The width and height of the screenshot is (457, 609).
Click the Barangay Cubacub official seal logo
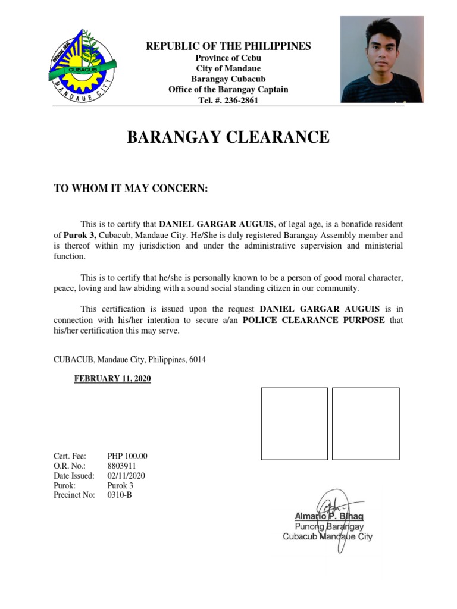(x=83, y=67)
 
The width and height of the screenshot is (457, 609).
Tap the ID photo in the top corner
(x=381, y=59)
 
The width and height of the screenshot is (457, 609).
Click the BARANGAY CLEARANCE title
(x=228, y=138)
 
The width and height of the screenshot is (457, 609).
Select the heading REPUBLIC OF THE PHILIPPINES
(x=228, y=46)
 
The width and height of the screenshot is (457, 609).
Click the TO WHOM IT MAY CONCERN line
(x=131, y=189)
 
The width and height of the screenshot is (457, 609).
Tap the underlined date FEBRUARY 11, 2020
(x=112, y=379)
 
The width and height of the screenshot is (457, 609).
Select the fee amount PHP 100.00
(x=127, y=456)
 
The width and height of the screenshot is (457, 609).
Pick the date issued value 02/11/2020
(x=126, y=476)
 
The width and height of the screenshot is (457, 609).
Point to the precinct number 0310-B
(x=119, y=495)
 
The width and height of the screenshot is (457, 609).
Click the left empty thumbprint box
(x=295, y=423)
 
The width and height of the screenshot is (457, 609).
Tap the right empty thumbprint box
(x=365, y=423)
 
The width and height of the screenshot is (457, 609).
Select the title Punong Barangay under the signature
(x=329, y=526)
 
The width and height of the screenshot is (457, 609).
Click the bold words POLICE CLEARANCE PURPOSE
(x=314, y=321)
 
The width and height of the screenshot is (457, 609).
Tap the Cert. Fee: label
(x=70, y=456)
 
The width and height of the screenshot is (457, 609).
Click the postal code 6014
(x=198, y=360)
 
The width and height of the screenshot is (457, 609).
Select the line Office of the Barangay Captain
(x=228, y=90)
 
